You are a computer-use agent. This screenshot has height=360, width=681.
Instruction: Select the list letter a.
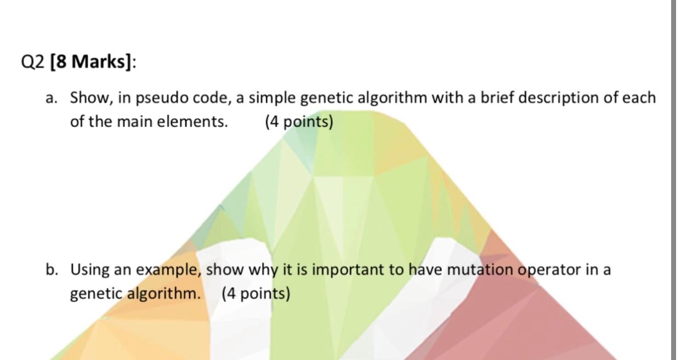point(52,98)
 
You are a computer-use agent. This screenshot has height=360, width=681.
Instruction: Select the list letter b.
point(52,270)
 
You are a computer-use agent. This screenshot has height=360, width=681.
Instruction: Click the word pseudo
point(161,98)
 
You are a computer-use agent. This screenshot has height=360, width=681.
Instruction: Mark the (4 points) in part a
point(299,122)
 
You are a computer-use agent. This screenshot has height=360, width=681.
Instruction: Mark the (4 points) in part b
point(256,294)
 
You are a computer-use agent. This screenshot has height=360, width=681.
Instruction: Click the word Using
point(90,270)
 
